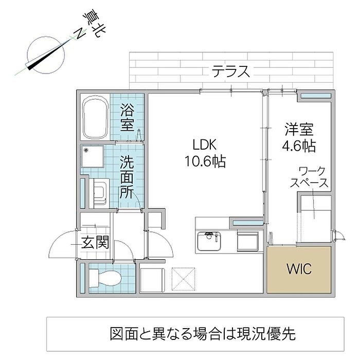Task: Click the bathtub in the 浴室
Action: point(95,117)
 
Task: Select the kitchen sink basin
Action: point(209,241)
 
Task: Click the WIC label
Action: point(299,268)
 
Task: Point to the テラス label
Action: point(230,71)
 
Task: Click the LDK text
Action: point(204,145)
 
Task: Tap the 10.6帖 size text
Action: point(205,161)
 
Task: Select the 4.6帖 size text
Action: point(299,146)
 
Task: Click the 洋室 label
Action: point(299,130)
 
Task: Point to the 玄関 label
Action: point(95,243)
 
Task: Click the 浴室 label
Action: point(127,117)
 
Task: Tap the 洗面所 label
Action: point(127,176)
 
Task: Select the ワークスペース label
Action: point(309,177)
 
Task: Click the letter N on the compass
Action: point(80,34)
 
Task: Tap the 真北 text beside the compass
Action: point(94,23)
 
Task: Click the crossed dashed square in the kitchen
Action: point(184,279)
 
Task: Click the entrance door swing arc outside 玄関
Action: point(62,244)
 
